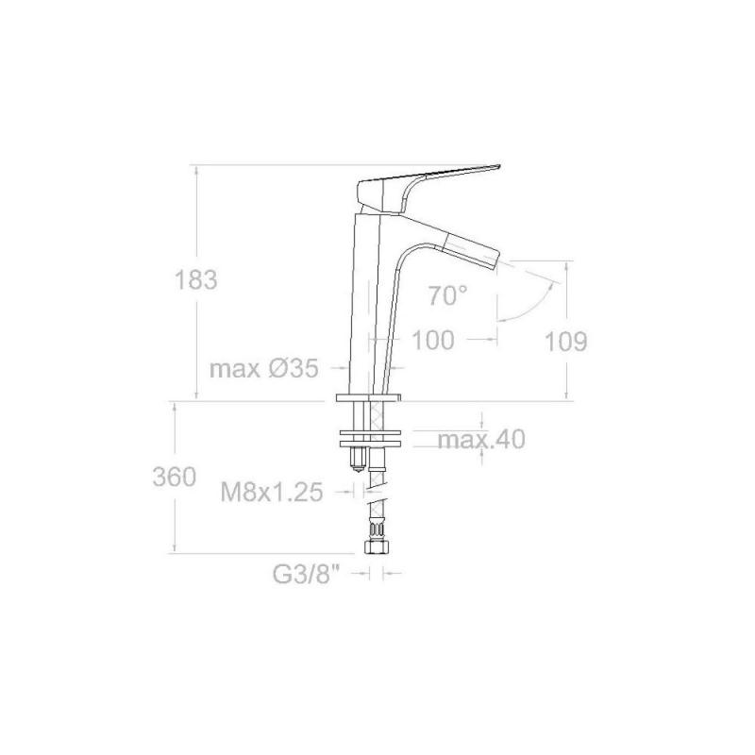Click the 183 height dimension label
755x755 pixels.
tap(196, 279)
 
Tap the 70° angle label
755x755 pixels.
tap(447, 295)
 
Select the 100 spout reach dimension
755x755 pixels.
tap(433, 340)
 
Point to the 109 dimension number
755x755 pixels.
tap(565, 342)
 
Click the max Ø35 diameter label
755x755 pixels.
tap(264, 369)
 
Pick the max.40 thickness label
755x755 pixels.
tap(481, 439)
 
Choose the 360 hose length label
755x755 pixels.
tap(175, 478)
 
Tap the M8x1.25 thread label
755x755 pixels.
tap(272, 492)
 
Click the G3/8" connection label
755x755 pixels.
tap(307, 574)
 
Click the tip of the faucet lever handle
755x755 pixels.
tap(499, 166)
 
